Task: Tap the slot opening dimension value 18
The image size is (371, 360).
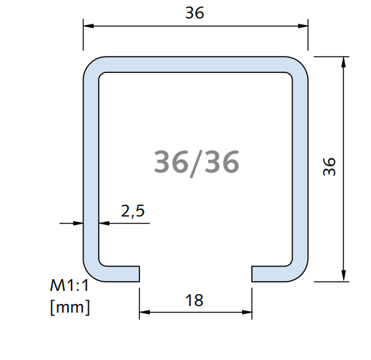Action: click(195, 301)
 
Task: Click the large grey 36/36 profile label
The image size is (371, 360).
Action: click(196, 161)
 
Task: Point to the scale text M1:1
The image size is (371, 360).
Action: click(70, 286)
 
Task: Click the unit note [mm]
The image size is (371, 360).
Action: click(70, 306)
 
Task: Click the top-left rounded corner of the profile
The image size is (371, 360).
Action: click(91, 66)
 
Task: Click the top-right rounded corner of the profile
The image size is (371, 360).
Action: click(299, 66)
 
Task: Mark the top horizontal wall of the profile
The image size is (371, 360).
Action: click(195, 65)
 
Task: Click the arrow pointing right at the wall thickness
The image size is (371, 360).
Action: click(79, 223)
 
